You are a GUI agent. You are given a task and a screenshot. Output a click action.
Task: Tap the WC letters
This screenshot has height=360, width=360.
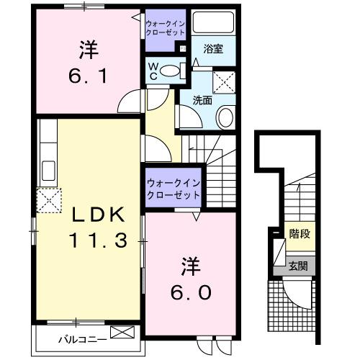pos(153,70)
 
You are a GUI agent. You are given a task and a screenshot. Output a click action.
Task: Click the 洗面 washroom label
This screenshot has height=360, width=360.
pos(202,101)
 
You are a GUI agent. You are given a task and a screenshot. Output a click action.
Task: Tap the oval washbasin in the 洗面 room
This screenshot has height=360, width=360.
pos(225,117)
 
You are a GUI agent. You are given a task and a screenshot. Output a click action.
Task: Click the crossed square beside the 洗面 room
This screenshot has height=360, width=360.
pos(228,78)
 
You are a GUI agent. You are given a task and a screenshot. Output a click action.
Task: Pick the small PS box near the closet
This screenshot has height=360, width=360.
pos(183,49)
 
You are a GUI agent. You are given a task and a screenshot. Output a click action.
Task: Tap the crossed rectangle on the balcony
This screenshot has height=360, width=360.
pos(122,333)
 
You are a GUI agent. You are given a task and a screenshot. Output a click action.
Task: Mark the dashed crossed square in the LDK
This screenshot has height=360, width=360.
pos(48,199)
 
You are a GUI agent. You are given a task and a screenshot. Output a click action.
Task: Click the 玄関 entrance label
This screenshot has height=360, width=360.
pos(299,266)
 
